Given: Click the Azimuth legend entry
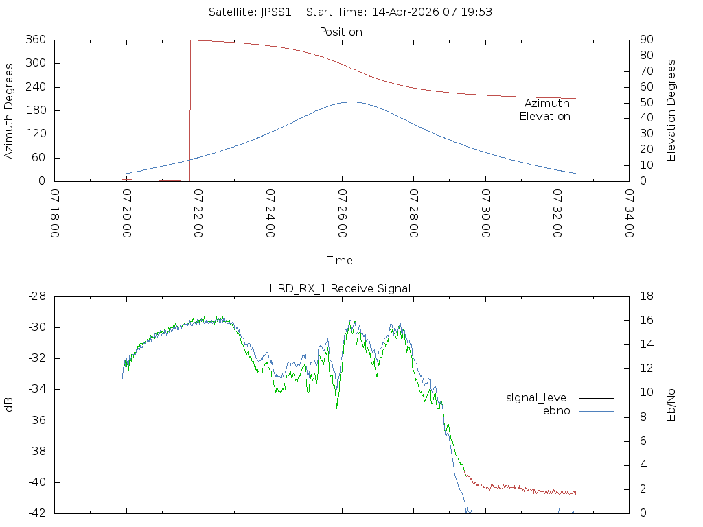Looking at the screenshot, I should (x=547, y=103).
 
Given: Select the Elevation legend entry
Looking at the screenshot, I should (x=544, y=117).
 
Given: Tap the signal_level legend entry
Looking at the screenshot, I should (x=538, y=397).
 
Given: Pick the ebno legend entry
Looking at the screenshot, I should (x=556, y=410).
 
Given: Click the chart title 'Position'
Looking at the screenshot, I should (x=341, y=32).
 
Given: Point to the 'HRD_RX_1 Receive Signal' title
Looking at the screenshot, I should (x=340, y=288).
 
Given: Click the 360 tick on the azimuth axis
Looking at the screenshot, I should (x=35, y=40).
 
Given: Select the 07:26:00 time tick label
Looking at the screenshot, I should (x=341, y=213).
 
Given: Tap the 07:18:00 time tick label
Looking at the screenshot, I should (x=54, y=213).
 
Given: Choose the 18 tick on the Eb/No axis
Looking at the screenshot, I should (x=645, y=296).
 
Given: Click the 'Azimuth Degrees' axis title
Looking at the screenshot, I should (x=10, y=110).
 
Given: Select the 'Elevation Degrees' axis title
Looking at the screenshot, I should (x=671, y=110).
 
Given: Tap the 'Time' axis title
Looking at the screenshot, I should (x=340, y=260).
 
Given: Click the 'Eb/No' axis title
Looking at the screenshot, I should (x=671, y=404).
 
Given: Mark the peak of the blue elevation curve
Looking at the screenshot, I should (x=351, y=102).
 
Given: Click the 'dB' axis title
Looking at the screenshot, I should (x=10, y=404).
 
